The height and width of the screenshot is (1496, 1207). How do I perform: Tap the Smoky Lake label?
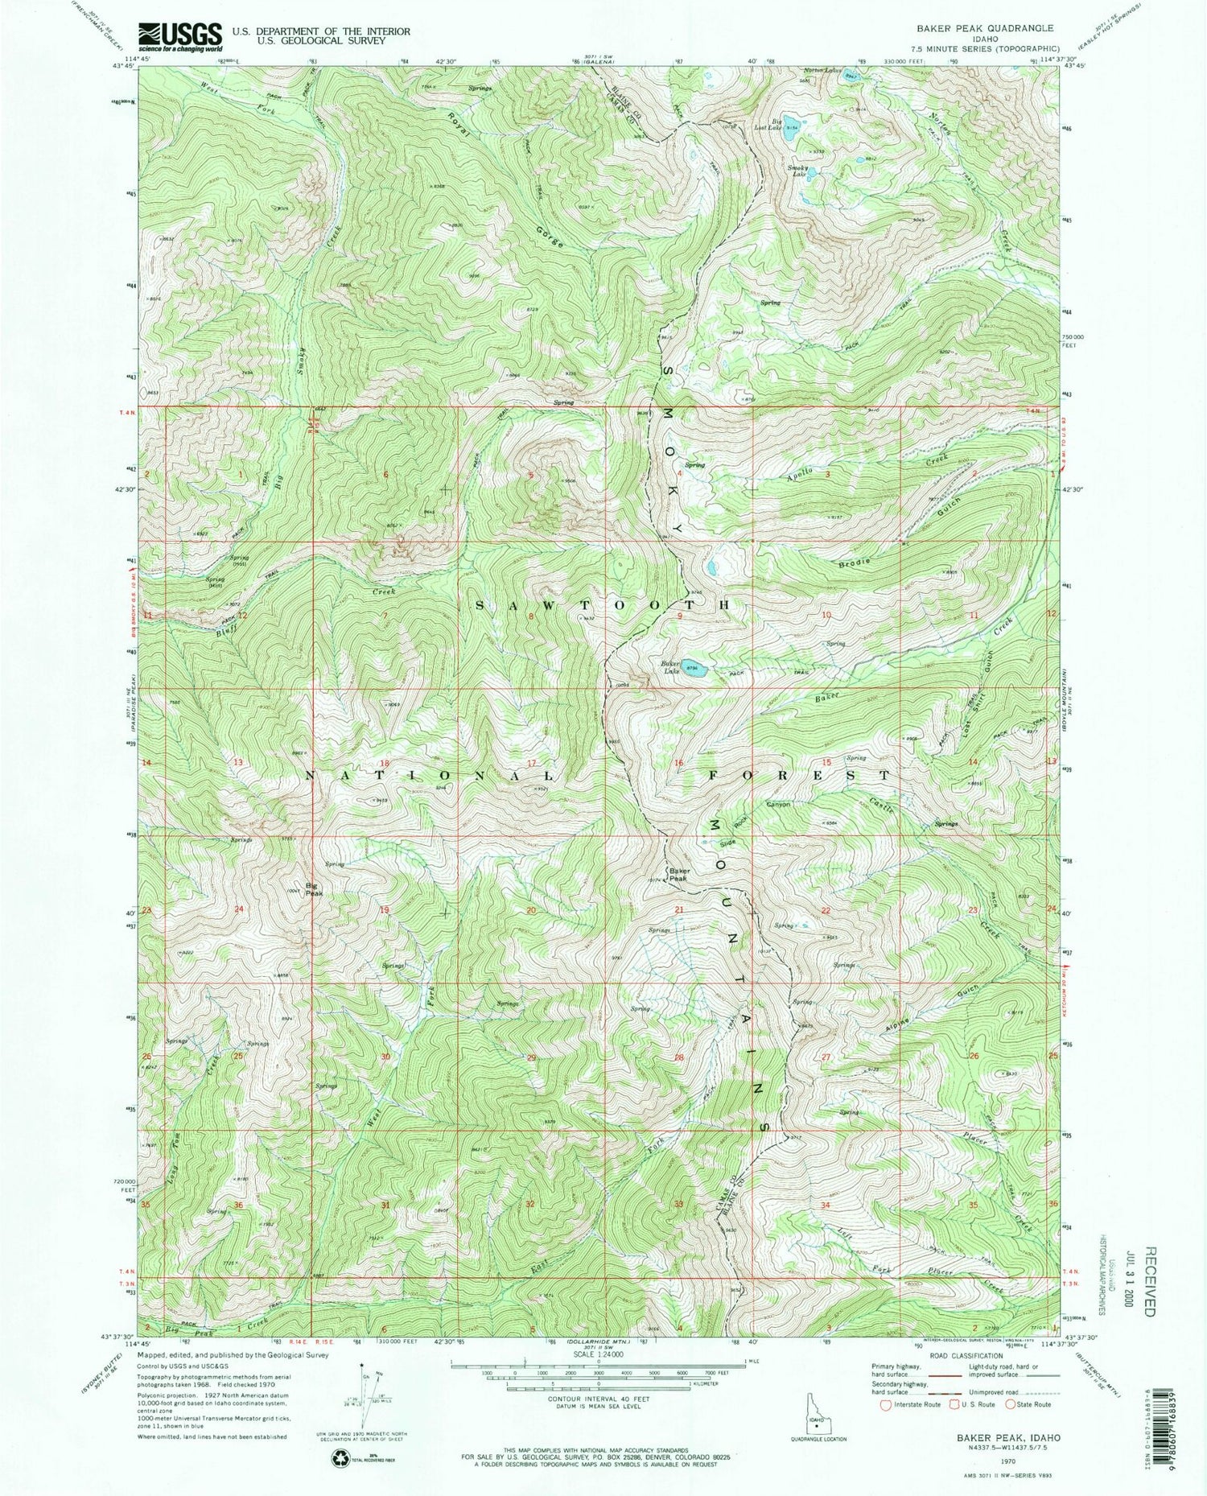coord(797,171)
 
